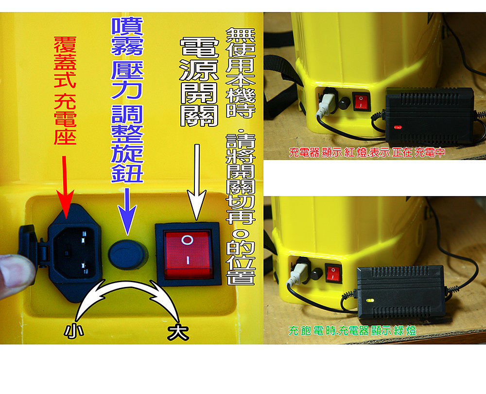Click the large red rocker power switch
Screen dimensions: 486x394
[188, 254]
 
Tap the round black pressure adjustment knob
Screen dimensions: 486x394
[127, 255]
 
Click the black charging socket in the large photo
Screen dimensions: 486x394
[74, 253]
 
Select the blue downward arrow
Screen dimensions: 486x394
[127, 211]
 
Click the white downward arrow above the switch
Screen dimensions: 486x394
[197, 182]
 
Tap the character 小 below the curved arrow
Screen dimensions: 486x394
[74, 331]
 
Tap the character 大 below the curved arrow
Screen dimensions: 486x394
[178, 332]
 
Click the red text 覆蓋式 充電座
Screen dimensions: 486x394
[65, 90]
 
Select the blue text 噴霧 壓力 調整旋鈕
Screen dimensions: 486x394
[127, 100]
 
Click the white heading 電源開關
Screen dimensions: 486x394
[199, 82]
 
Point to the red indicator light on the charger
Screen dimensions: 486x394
[398, 127]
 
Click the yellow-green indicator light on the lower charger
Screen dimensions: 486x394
[370, 300]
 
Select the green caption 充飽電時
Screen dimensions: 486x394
[312, 331]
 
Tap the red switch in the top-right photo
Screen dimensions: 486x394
[361, 101]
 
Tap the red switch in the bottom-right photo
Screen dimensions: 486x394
[333, 273]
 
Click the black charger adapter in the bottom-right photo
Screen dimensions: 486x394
[401, 291]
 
